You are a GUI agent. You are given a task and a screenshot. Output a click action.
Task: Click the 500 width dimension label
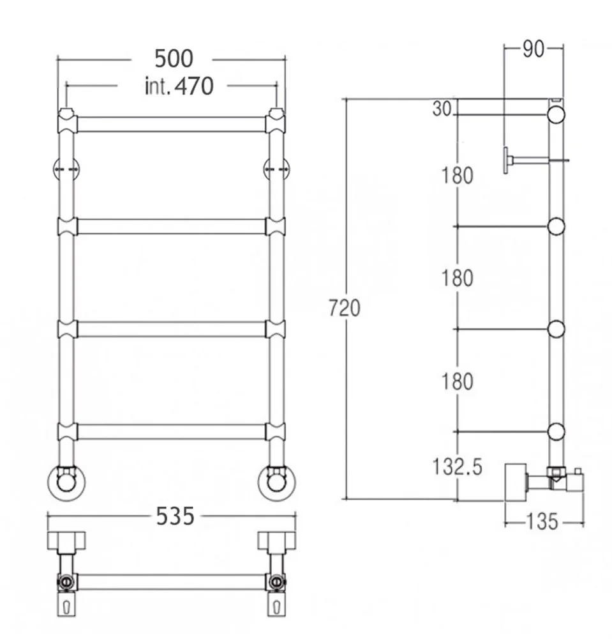(x=174, y=59)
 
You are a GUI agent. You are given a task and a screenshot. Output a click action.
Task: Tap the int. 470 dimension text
(x=179, y=86)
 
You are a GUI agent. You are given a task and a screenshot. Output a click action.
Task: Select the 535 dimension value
(x=175, y=516)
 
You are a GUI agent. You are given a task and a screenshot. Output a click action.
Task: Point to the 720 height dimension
(x=344, y=308)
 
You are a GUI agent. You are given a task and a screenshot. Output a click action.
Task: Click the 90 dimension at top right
(x=533, y=49)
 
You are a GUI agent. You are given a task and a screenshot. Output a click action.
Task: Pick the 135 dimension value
(x=542, y=521)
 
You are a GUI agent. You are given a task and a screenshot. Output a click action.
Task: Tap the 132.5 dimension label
(x=457, y=466)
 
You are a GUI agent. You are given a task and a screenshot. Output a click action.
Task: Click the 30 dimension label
(x=442, y=109)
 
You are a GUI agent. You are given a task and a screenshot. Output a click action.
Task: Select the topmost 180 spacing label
(x=458, y=176)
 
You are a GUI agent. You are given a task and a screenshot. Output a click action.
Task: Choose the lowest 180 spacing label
(x=458, y=381)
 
